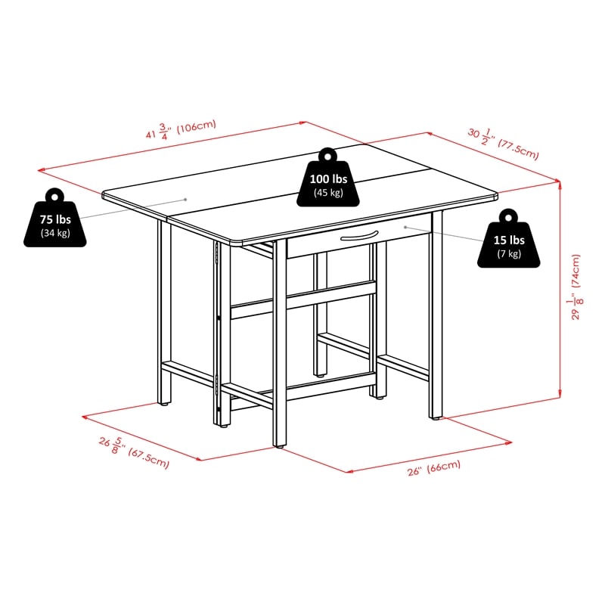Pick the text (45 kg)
(x=328, y=193)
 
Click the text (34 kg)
(x=55, y=233)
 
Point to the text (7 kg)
(x=509, y=254)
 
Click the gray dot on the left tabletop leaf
(x=185, y=200)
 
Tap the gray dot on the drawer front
(x=405, y=228)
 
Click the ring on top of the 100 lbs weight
(x=328, y=156)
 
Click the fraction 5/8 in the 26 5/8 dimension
(x=117, y=445)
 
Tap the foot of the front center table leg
(x=279, y=446)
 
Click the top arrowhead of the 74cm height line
(x=560, y=184)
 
